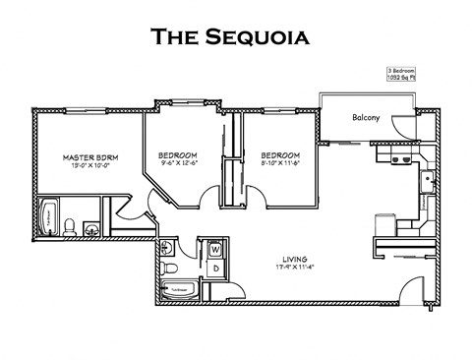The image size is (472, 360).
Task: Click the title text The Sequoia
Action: click(x=230, y=38)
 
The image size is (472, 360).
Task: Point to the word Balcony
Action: click(x=367, y=118)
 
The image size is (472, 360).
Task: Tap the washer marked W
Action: click(x=215, y=249)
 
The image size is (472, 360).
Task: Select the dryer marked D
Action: click(x=215, y=267)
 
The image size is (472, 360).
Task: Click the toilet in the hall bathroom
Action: click(x=169, y=267)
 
